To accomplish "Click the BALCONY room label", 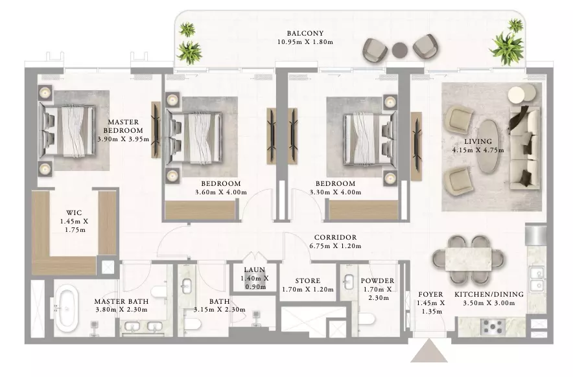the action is pyautogui.click(x=305, y=33).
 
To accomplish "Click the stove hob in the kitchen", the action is pyautogui.click(x=493, y=326).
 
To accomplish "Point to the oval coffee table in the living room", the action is pyautogui.click(x=488, y=146).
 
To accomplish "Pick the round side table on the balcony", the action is pyautogui.click(x=399, y=50).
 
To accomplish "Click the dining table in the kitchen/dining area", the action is pyautogui.click(x=468, y=259).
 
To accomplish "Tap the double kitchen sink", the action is pyautogui.click(x=536, y=279).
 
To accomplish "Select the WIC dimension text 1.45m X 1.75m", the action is pyautogui.click(x=74, y=225).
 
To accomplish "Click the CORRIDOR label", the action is pyautogui.click(x=335, y=238).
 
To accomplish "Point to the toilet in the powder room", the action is pyautogui.click(x=366, y=318).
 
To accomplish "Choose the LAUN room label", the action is pyautogui.click(x=254, y=269).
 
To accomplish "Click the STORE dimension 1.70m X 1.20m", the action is pyautogui.click(x=308, y=290).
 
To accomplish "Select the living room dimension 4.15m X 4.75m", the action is pyautogui.click(x=478, y=150).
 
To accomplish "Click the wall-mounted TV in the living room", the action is pyautogui.click(x=416, y=146).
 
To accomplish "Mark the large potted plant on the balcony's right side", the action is pyautogui.click(x=508, y=48).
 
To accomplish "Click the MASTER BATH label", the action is pyautogui.click(x=121, y=301).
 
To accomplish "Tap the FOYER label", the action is pyautogui.click(x=431, y=294).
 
